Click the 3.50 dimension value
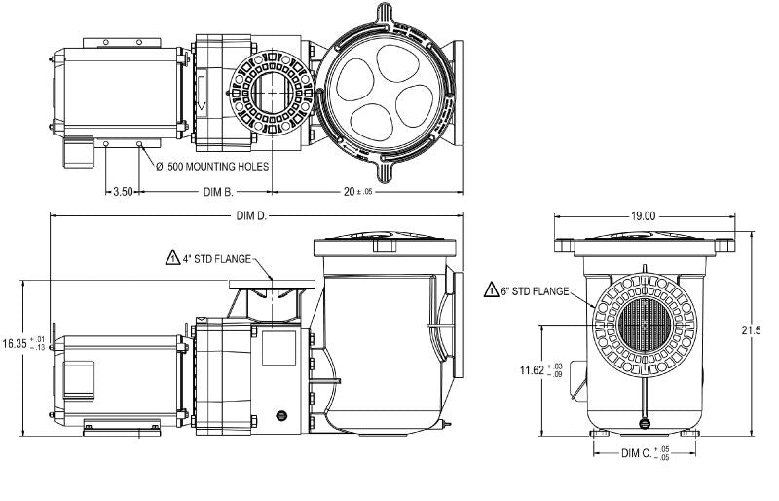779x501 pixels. (x=123, y=192)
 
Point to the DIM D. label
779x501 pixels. (x=249, y=214)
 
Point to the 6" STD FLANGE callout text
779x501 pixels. (x=538, y=290)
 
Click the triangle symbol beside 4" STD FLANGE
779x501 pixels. (x=172, y=259)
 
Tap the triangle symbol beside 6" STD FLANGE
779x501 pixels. (x=492, y=290)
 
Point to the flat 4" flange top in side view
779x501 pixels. (x=273, y=283)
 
